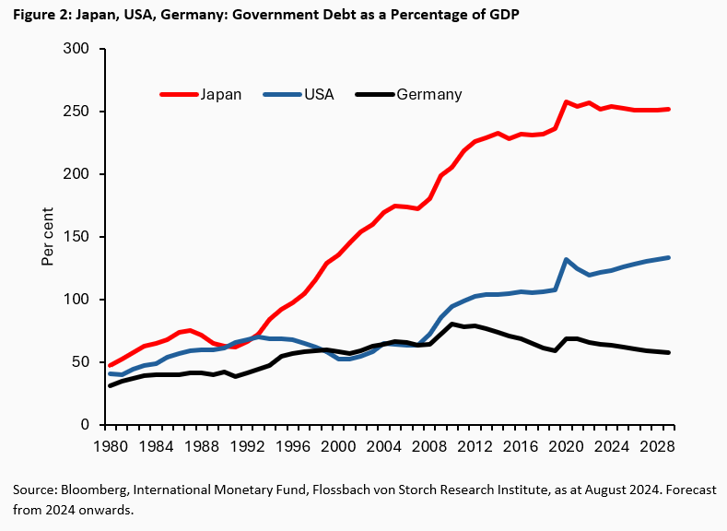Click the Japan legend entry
coord(221,94)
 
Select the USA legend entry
coord(319,94)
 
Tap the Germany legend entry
coord(428,94)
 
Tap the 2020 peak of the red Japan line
coord(566,101)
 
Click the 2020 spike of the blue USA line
coord(566,260)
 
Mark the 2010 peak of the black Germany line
coord(452,324)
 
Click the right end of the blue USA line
coord(668,257)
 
